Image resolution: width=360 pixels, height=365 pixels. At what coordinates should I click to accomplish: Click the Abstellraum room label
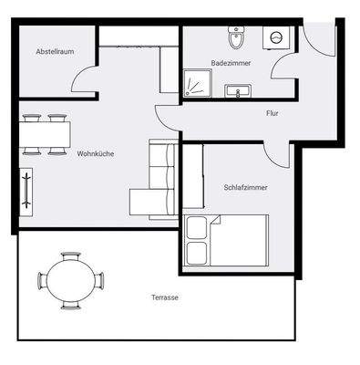tap(54, 52)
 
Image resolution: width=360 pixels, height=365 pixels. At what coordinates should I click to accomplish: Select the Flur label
tap(272, 114)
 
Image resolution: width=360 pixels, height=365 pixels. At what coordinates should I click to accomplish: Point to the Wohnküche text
tap(95, 153)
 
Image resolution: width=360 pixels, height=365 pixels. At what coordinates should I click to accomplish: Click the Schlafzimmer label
tap(246, 187)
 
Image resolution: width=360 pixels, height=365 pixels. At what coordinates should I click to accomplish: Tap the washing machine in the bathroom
tap(275, 37)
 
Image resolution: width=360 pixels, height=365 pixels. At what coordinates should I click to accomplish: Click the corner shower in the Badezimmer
tap(194, 83)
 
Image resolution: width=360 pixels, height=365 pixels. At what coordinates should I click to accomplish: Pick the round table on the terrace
tap(71, 280)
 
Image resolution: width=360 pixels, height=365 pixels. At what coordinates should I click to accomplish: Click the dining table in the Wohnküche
tap(45, 135)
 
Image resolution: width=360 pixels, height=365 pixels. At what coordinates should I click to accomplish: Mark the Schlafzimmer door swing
tap(279, 153)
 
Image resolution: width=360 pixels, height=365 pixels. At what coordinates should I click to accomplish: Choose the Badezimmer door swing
tap(283, 72)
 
